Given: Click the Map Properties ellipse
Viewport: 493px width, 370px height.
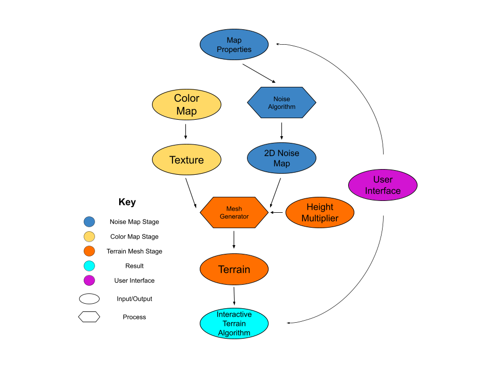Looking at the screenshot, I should (234, 45).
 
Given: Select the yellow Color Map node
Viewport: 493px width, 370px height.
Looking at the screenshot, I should (186, 105).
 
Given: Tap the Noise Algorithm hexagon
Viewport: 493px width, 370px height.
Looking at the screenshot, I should (281, 103).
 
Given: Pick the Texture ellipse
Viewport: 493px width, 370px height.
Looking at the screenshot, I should (186, 160).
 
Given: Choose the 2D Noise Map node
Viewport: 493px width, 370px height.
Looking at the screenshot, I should (281, 158).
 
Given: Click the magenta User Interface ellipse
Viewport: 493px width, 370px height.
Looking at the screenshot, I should (383, 185).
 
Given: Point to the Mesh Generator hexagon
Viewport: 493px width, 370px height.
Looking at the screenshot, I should (234, 213).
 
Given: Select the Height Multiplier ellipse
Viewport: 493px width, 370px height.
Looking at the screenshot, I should (319, 213).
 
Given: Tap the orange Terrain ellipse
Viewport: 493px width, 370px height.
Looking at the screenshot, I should (234, 269).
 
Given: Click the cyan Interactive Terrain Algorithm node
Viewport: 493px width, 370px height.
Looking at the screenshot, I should (234, 324).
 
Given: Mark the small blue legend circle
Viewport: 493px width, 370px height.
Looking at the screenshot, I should (89, 222).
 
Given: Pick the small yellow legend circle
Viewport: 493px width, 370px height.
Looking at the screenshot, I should (89, 236).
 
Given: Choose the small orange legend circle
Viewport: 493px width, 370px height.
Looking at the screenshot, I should (89, 251).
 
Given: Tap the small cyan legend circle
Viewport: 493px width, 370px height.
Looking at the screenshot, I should (89, 266).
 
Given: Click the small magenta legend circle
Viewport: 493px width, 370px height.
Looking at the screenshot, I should (89, 281).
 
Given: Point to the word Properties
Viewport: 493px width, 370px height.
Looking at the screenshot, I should (234, 50).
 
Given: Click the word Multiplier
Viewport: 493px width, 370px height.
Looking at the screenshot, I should (319, 218).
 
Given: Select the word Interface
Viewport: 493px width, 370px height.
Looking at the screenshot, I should (383, 191).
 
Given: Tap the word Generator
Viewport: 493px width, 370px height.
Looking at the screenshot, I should (234, 217).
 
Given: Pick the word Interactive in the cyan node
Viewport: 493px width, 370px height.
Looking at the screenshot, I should (234, 314).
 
